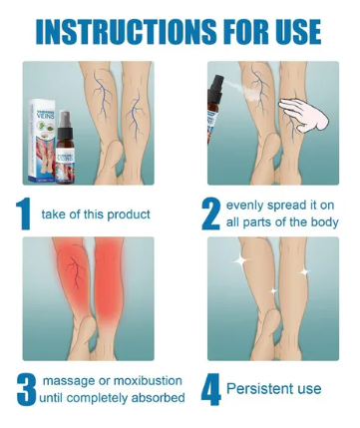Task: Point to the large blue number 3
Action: click(26, 389)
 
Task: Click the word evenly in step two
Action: click(247, 206)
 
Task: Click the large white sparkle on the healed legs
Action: click(241, 261)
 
